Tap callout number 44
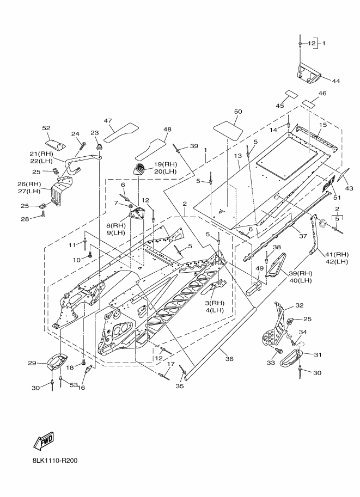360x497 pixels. pos(335,81)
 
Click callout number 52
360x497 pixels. pos(46,128)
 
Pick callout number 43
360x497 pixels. pos(349,188)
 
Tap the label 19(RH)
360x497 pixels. pos(166,163)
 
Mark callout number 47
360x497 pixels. pos(108,120)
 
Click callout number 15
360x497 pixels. pos(322,125)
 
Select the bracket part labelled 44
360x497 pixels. pos(308,72)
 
